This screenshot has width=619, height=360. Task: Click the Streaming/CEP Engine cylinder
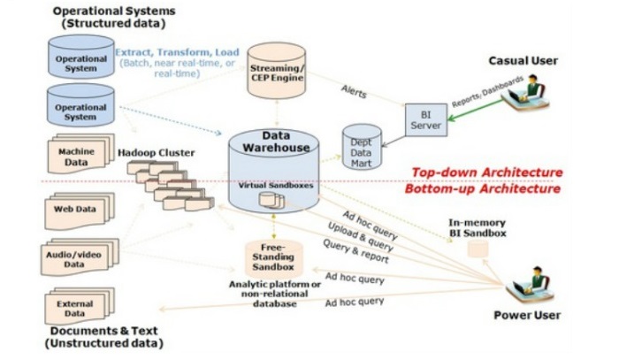276,69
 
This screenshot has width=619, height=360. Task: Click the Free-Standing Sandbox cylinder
272,257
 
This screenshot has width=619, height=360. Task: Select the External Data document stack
78,307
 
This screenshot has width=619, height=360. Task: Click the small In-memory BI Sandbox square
478,250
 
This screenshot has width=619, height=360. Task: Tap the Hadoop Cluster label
157,153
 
